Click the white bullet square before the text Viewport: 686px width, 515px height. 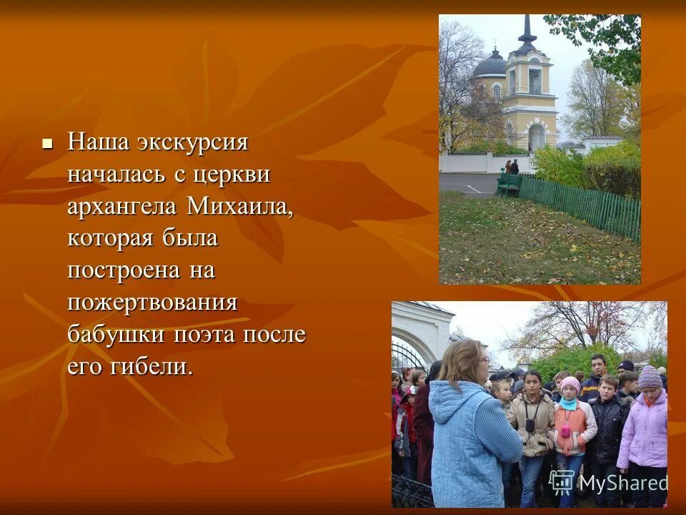[48, 143]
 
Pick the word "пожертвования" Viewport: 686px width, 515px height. [152, 303]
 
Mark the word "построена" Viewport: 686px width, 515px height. [121, 270]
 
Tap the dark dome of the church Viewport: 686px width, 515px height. [490, 66]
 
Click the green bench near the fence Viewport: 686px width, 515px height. [509, 184]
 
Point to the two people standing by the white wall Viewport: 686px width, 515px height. [512, 167]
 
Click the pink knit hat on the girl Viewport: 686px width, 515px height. [570, 384]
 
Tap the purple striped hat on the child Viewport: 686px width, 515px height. [650, 377]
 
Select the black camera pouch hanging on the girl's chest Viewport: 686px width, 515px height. [530, 425]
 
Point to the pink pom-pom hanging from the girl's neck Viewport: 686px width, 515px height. [566, 431]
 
